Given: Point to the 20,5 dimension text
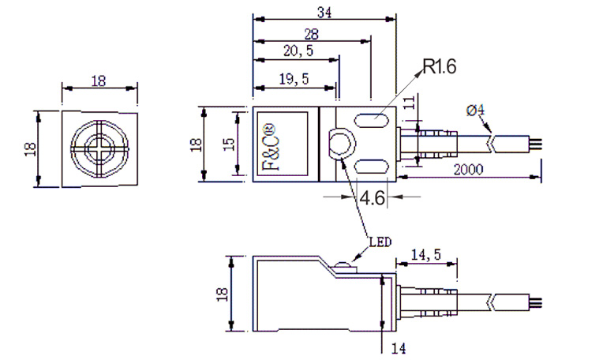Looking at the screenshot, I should coord(298,51).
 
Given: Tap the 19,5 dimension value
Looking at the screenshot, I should coord(294,77).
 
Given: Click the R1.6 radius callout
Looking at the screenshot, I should coord(440,66).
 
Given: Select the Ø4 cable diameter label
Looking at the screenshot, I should coord(475,111).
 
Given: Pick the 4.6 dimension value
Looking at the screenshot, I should coord(372,197).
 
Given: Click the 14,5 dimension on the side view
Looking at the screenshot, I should coord(425,254).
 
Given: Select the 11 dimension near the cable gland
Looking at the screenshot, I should coord(409,103).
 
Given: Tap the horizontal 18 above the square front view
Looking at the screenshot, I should coord(99,81).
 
